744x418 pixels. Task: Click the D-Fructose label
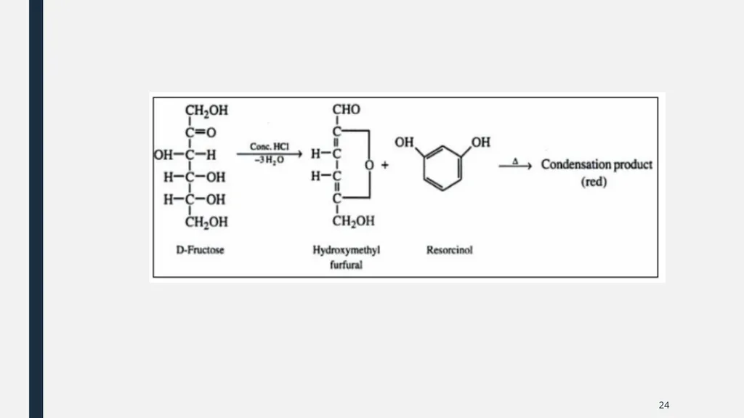[x=200, y=250]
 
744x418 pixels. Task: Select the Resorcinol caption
[x=449, y=250]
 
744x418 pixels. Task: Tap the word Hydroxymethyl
[x=347, y=250]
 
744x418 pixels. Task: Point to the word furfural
[x=346, y=265]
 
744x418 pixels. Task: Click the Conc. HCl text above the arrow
[x=270, y=147]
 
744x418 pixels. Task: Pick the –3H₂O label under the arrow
[x=269, y=160]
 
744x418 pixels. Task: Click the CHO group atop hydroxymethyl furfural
[x=347, y=110]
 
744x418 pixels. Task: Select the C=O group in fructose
[x=201, y=132]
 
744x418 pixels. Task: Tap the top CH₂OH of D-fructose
[x=206, y=110]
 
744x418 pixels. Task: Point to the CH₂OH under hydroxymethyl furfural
[x=354, y=221]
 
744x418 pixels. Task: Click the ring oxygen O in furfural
[x=369, y=165]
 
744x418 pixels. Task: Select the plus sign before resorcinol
[x=385, y=165]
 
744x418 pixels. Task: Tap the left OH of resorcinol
[x=404, y=142]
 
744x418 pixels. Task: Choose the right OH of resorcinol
[x=481, y=142]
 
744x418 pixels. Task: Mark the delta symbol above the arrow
[x=515, y=161]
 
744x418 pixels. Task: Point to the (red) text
[x=594, y=182]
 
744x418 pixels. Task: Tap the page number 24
[x=664, y=405]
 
